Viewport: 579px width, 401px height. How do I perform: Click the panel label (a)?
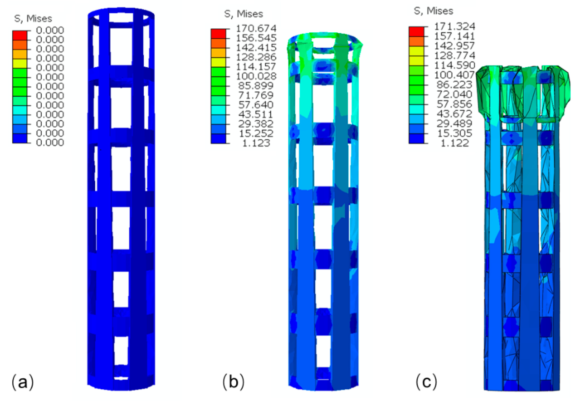23,382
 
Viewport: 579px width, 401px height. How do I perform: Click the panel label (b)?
233,382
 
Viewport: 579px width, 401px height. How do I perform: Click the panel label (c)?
426,382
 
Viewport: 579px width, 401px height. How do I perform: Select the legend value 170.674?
256,28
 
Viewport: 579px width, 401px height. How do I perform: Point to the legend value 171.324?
455,26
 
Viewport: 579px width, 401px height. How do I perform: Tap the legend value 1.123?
256,143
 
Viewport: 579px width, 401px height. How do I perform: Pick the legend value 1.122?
455,143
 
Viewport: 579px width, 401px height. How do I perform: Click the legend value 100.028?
256,76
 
